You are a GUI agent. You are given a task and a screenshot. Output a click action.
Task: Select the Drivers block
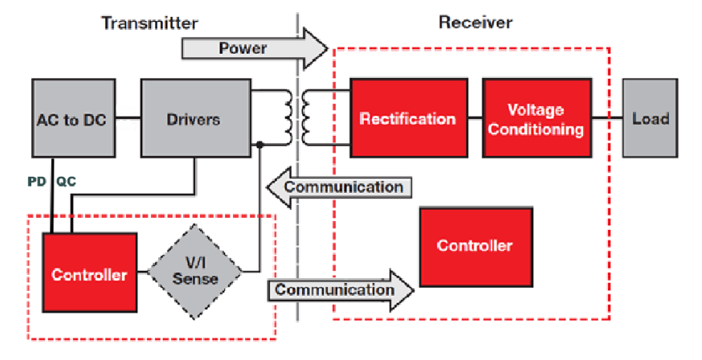[x=193, y=119]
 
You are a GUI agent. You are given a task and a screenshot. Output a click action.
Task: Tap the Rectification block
[x=407, y=119]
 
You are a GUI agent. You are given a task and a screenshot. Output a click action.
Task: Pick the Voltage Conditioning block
[x=535, y=119]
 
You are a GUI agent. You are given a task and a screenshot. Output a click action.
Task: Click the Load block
[x=650, y=119]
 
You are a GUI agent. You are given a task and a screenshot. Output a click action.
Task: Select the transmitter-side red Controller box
[x=88, y=275]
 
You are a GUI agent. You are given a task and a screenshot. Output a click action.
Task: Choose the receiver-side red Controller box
[x=474, y=245]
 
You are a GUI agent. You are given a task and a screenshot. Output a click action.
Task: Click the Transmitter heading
[x=149, y=22]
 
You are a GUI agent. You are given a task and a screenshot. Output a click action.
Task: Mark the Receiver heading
[x=475, y=22]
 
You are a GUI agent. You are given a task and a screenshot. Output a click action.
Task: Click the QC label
[x=67, y=182]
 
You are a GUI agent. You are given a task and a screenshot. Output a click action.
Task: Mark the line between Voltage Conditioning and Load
[x=606, y=118]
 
